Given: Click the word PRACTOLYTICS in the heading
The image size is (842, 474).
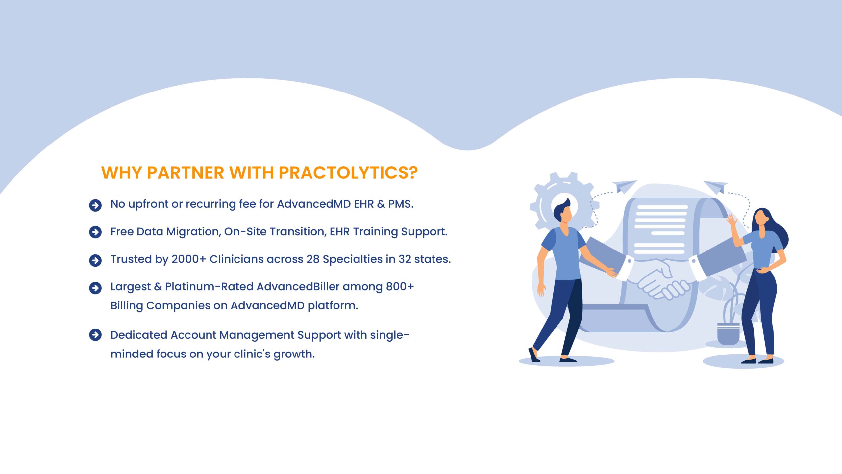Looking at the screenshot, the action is (x=348, y=172).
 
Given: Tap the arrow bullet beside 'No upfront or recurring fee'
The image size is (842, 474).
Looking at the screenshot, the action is (x=95, y=205).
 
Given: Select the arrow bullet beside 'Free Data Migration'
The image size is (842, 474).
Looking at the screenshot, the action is (x=95, y=232).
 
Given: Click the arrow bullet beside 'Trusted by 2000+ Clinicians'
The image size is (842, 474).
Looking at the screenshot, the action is (x=95, y=260).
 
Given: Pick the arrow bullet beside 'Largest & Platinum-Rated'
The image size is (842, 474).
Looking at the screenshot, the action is (x=95, y=288).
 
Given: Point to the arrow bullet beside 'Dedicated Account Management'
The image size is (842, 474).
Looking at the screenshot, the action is (x=95, y=335).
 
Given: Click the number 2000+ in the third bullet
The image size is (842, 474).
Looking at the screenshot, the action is (x=189, y=259).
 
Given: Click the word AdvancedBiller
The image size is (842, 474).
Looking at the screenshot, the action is (x=298, y=286).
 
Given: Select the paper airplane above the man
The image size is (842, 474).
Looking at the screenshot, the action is (x=624, y=186).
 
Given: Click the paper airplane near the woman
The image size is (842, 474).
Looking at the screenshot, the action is (x=716, y=187).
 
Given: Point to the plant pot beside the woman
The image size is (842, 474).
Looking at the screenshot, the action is (x=728, y=334).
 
